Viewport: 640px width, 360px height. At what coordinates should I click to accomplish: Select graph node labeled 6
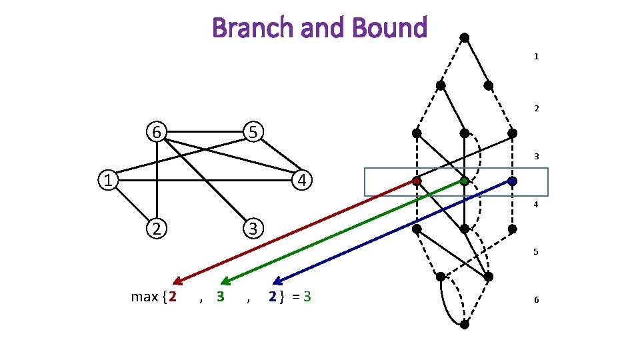pyautogui.click(x=157, y=132)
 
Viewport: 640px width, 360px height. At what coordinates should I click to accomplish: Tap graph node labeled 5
pyautogui.click(x=253, y=132)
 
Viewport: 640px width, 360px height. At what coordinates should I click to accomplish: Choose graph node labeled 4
pyautogui.click(x=302, y=180)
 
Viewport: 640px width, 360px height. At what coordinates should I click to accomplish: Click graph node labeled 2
pyautogui.click(x=157, y=228)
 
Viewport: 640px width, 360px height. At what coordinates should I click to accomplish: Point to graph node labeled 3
pyautogui.click(x=253, y=228)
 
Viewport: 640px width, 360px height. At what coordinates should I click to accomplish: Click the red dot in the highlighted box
pyautogui.click(x=416, y=181)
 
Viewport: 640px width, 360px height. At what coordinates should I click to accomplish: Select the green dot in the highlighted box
pyautogui.click(x=464, y=181)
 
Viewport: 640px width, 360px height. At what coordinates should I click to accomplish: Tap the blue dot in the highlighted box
pyautogui.click(x=512, y=181)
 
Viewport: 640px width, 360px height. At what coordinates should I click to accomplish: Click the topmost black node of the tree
pyautogui.click(x=465, y=37)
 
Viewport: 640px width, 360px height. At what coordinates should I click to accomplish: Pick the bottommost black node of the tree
pyautogui.click(x=465, y=325)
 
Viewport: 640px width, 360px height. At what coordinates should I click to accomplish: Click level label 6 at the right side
pyautogui.click(x=535, y=300)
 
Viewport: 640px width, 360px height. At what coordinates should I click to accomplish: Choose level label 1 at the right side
pyautogui.click(x=535, y=57)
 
